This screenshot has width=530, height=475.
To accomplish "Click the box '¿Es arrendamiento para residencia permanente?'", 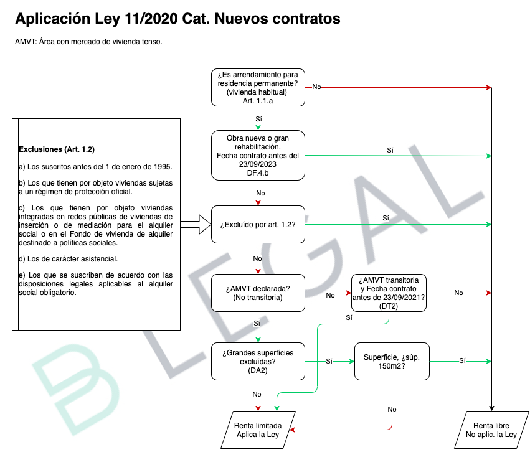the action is [x=258, y=88].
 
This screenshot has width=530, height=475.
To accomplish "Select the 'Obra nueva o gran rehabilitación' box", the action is [x=258, y=156].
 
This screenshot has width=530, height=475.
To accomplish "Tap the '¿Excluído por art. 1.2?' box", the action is [x=258, y=224].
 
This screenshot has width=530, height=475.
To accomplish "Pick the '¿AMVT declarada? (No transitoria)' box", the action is [x=258, y=293].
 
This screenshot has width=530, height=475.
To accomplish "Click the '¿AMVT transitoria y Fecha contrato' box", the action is [x=389, y=293].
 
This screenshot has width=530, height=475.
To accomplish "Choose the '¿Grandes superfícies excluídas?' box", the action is [x=258, y=362].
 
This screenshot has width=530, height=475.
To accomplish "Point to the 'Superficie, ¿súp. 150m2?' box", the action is [x=392, y=362].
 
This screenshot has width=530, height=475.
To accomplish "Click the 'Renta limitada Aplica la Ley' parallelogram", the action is [x=258, y=430].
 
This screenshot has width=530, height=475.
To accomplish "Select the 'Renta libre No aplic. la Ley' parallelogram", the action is [x=491, y=430].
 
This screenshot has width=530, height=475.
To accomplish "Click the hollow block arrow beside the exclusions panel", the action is [x=196, y=224].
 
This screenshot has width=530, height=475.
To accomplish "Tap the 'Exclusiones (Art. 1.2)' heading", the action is [x=57, y=149].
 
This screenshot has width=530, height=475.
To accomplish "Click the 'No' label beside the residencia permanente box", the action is [x=317, y=87].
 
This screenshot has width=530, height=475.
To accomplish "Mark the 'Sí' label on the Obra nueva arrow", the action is [x=390, y=150].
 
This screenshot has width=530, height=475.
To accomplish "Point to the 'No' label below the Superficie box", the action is [x=392, y=409].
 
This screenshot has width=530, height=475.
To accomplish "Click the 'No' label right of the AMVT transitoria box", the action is [x=458, y=293].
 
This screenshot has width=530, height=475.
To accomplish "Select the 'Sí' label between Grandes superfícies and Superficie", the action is [x=329, y=361].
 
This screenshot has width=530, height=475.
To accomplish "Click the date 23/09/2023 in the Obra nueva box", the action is [x=258, y=164].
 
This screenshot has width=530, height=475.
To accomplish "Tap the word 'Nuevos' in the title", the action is [x=241, y=19].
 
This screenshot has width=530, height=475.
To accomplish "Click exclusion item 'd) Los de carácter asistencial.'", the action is [x=69, y=259].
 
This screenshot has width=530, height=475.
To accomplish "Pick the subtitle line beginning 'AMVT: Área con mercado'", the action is [x=88, y=42].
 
